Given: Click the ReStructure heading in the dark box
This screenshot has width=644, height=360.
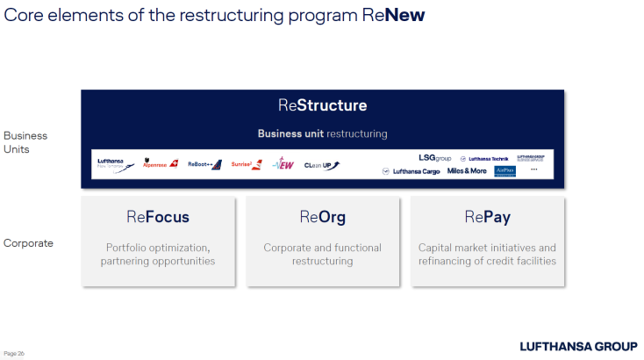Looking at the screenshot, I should tap(322, 105).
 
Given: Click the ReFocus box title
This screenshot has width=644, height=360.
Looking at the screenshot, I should tap(158, 218).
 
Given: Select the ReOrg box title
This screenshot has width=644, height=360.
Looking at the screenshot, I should tap(322, 218).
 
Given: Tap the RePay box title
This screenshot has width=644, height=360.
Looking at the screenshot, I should tap(487, 218).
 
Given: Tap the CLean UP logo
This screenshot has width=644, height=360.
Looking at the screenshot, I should tap(321, 164).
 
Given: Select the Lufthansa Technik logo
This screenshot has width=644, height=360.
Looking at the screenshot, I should tap(483, 159).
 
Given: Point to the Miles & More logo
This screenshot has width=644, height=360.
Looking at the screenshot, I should tap(467, 171).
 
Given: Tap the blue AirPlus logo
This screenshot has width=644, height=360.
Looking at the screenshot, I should tap(504, 171).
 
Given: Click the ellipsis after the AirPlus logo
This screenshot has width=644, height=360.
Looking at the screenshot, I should tap(533, 171).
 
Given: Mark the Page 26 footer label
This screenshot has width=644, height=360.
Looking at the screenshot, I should tap(15, 353).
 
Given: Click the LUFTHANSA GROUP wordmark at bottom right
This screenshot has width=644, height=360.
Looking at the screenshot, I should tap(578, 346).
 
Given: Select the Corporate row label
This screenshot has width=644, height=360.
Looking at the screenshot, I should tap(28, 243).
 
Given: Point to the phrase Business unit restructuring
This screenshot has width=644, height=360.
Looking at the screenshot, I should tap(322, 134).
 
